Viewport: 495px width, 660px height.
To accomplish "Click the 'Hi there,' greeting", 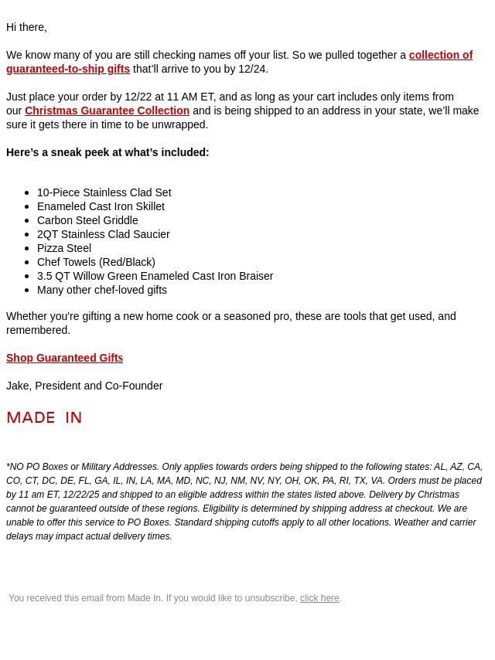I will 26,28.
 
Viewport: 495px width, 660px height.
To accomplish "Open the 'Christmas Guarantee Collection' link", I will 107,111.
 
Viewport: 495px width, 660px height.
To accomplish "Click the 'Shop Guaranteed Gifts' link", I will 64,358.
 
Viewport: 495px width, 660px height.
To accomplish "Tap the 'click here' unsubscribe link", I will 319,598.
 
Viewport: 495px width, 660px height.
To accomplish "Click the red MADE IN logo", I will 44,417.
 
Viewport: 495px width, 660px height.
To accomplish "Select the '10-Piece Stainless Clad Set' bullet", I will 104,192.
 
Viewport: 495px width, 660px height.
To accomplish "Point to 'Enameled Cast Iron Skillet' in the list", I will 101,206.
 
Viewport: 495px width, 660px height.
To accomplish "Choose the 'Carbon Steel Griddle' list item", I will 87,220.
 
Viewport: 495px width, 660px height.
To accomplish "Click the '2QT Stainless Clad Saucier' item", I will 103,234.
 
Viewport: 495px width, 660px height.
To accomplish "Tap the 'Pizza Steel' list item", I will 64,248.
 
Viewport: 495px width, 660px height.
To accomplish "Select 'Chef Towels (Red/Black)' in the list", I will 96,262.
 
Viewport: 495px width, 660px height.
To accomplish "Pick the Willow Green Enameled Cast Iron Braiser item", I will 155,276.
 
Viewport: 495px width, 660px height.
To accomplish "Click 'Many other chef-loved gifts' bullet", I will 102,290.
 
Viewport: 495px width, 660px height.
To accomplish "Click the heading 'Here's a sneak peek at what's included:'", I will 108,152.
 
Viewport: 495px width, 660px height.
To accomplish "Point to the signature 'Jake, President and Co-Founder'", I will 84,386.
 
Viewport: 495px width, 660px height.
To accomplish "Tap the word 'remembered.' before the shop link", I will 38,330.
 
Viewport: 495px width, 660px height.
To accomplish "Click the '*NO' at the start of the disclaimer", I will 15,467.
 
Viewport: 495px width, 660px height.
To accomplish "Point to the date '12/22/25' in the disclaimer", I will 81,495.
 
